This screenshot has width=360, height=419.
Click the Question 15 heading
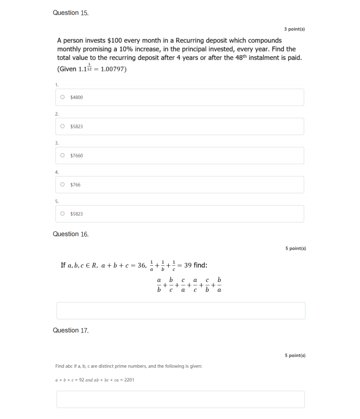click(70, 13)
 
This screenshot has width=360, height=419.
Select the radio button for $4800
click(63, 97)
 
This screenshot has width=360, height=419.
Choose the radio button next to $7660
click(63, 156)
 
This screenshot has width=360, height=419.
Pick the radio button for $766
click(63, 185)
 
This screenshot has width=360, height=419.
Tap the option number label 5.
click(57, 201)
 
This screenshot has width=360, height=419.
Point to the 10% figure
click(192, 49)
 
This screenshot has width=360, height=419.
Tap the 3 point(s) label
click(294, 29)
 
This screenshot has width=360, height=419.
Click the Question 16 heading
click(70, 234)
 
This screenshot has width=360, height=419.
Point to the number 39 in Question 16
click(188, 265)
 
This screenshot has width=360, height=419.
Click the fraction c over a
click(183, 286)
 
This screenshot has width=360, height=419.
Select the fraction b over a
click(219, 286)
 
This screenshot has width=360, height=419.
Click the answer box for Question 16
click(181, 311)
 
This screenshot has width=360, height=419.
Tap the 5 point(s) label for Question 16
click(296, 248)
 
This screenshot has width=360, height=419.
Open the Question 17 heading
click(70, 331)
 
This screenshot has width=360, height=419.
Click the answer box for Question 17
click(181, 399)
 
